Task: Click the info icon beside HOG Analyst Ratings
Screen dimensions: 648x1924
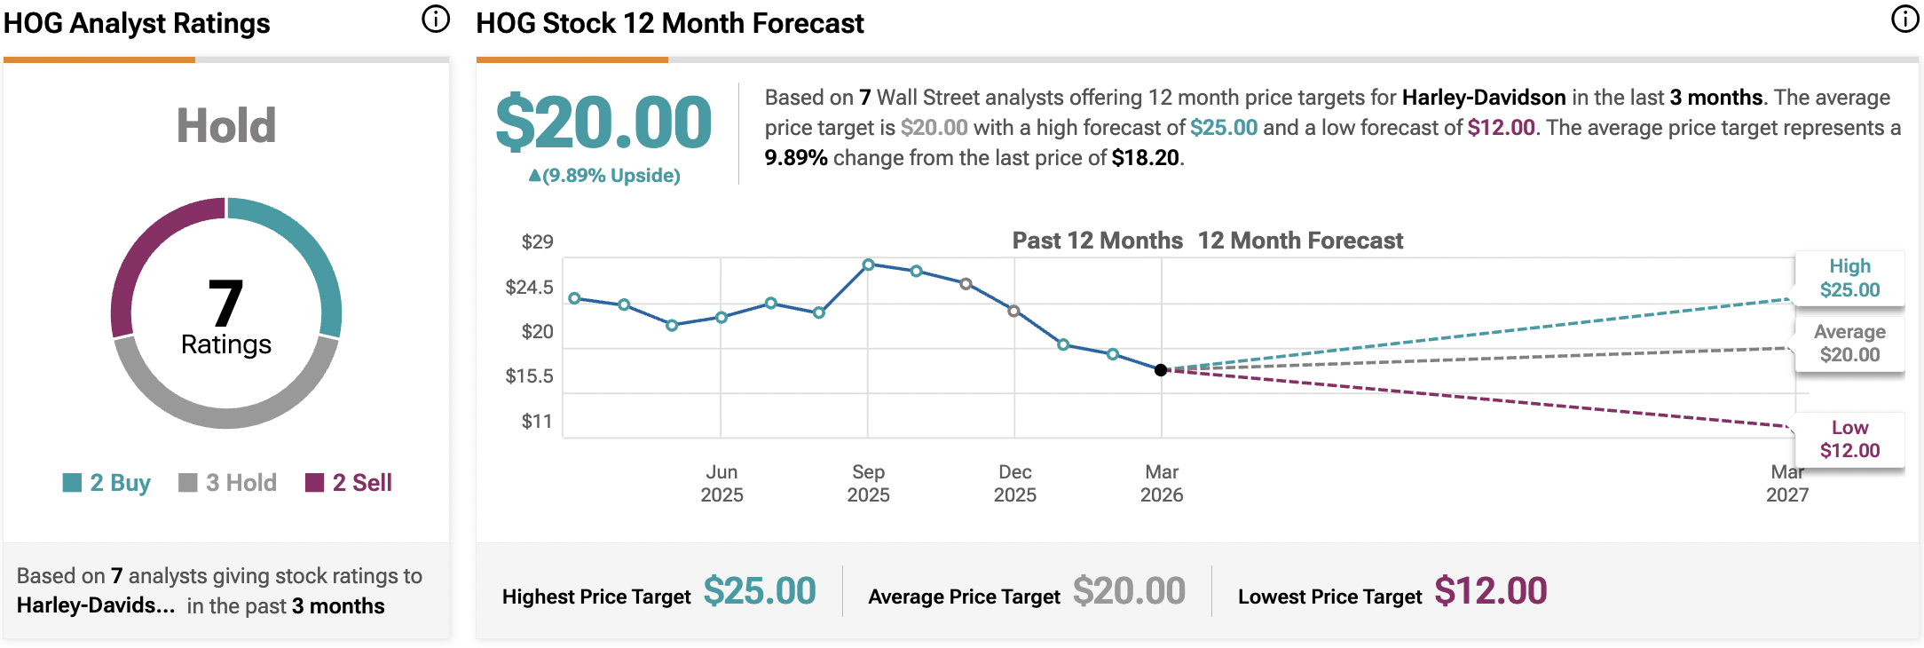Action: [435, 19]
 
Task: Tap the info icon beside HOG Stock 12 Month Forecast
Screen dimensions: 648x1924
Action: [1904, 19]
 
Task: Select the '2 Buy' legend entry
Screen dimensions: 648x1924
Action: [107, 483]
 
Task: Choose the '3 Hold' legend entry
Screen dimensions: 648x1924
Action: [228, 483]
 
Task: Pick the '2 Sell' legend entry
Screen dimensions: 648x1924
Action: [349, 483]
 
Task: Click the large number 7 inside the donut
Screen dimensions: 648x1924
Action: [225, 304]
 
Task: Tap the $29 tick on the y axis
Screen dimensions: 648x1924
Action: [537, 241]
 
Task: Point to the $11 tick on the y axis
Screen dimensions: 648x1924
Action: [537, 422]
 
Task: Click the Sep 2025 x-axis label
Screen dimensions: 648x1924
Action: [868, 484]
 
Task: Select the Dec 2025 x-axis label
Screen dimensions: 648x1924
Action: [1014, 484]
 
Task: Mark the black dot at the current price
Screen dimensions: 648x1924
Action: [1161, 370]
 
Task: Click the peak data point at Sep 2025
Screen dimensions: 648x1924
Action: [869, 265]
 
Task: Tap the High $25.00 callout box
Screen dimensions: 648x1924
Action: [1849, 278]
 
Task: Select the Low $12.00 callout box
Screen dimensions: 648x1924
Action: [1849, 439]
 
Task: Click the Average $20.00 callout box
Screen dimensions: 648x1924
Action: [1849, 344]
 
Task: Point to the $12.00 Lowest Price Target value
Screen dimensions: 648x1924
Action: [1490, 591]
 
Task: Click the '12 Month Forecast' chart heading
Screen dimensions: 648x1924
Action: [1300, 241]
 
